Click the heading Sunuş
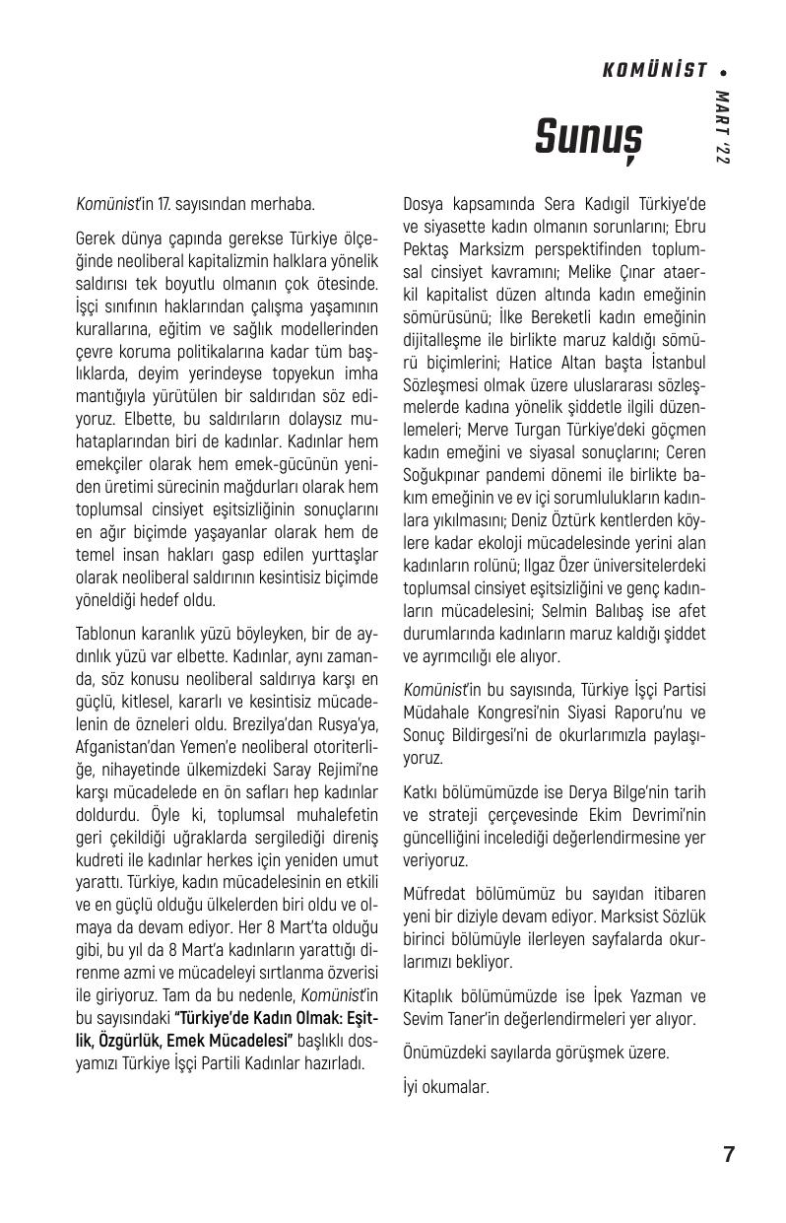[587, 137]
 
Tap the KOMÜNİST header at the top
[654, 70]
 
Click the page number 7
[728, 1155]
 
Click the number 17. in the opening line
[164, 205]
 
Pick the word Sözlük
[681, 917]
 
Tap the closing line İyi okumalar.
[446, 1087]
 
